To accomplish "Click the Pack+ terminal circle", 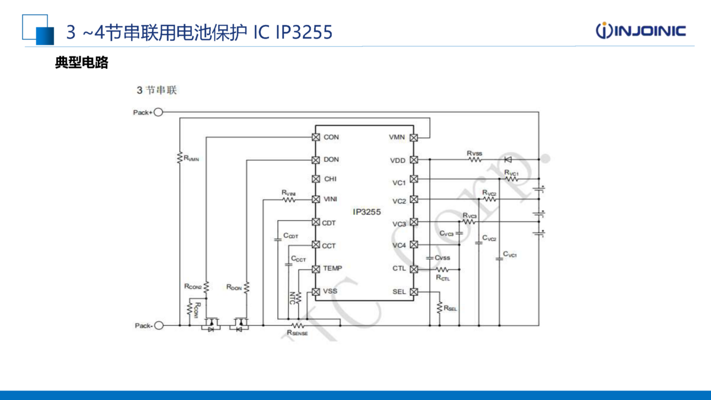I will [158, 112].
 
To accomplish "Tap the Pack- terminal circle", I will [158, 325].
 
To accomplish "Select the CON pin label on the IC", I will [331, 137].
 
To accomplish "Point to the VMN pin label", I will [396, 137].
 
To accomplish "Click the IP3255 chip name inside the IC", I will [367, 211].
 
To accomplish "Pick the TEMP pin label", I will [332, 268].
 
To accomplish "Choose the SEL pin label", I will [399, 291].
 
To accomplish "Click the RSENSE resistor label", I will [297, 333].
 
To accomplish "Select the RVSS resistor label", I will [474, 153].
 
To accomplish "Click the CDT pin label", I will [329, 223].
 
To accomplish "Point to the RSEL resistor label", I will [450, 308].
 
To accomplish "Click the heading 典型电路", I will [81, 63].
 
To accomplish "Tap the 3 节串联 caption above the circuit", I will [156, 91].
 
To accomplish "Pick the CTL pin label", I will [399, 268].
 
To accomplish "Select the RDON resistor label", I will [234, 287].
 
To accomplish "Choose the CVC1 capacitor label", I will [510, 255].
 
